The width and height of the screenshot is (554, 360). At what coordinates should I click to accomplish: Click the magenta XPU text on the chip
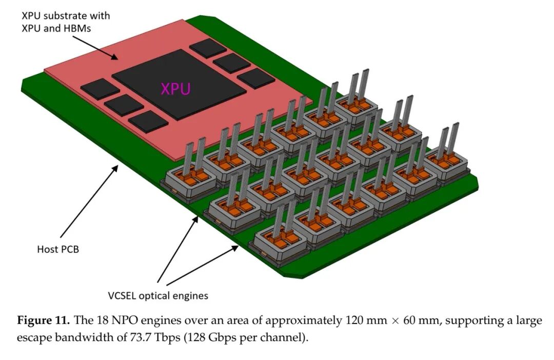pyautogui.click(x=175, y=89)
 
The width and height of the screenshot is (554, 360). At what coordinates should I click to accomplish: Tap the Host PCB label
pyautogui.click(x=57, y=250)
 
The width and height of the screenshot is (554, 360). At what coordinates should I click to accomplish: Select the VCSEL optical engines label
pyautogui.click(x=158, y=296)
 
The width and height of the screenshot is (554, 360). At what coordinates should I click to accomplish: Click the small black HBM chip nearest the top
pyautogui.click(x=207, y=47)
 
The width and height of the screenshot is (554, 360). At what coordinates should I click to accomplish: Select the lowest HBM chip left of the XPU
pyautogui.click(x=148, y=123)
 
